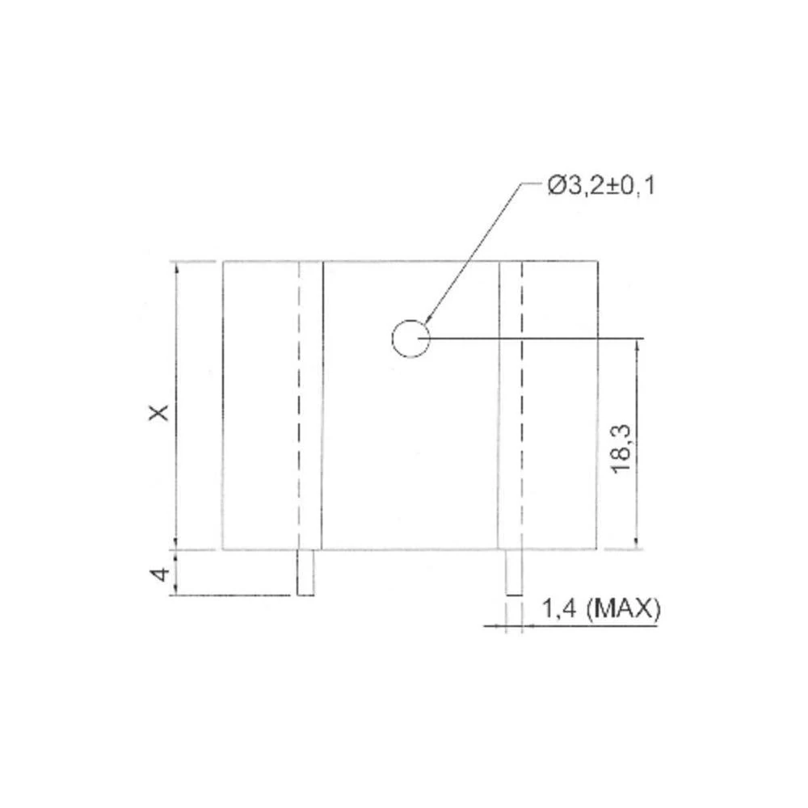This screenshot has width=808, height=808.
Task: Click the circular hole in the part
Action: tap(410, 338)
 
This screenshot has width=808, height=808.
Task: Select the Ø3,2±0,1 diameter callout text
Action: tap(601, 187)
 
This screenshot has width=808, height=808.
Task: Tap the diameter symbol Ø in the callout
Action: tap(556, 187)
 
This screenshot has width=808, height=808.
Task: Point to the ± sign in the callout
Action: tap(614, 187)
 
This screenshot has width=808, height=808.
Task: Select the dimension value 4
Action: tap(162, 574)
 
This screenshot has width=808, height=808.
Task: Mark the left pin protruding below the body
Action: tap(305, 572)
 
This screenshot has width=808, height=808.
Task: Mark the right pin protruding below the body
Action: tap(514, 572)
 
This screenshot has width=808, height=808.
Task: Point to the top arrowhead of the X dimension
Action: tap(175, 268)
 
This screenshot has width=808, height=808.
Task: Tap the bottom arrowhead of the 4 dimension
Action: tap(175, 590)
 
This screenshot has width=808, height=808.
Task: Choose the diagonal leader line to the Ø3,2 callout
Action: tap(477, 250)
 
